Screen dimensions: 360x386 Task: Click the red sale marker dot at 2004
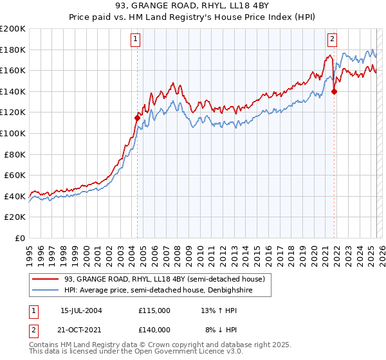(x=137, y=118)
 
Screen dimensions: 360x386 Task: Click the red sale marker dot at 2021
(x=334, y=91)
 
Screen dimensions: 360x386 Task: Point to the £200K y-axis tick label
(x=13, y=29)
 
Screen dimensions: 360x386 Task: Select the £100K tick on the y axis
(x=13, y=133)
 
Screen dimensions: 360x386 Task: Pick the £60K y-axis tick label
(x=15, y=175)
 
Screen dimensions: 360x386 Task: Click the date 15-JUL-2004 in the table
(x=81, y=310)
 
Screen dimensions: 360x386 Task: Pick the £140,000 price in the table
(x=154, y=329)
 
